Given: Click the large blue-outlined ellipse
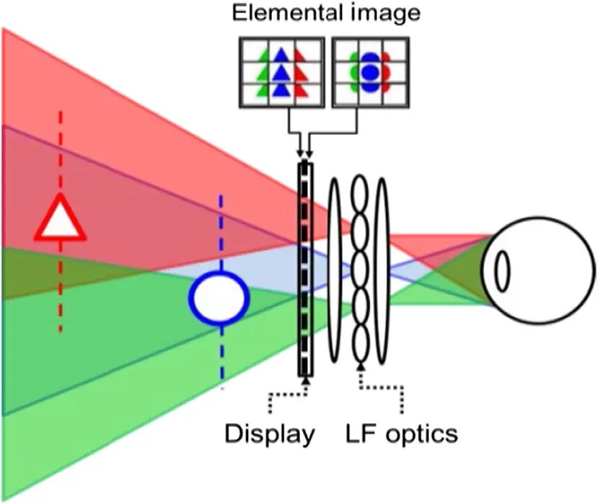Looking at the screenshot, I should pos(219,296).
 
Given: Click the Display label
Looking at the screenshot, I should pos(270,434).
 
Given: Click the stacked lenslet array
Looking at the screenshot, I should pos(359,269).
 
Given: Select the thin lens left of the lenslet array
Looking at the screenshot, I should pos(334,269).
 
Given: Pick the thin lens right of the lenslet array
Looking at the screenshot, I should pos(382,269).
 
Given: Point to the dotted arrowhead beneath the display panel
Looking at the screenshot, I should pos(307,380).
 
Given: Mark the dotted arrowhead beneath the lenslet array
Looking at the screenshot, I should pos(360,368).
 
